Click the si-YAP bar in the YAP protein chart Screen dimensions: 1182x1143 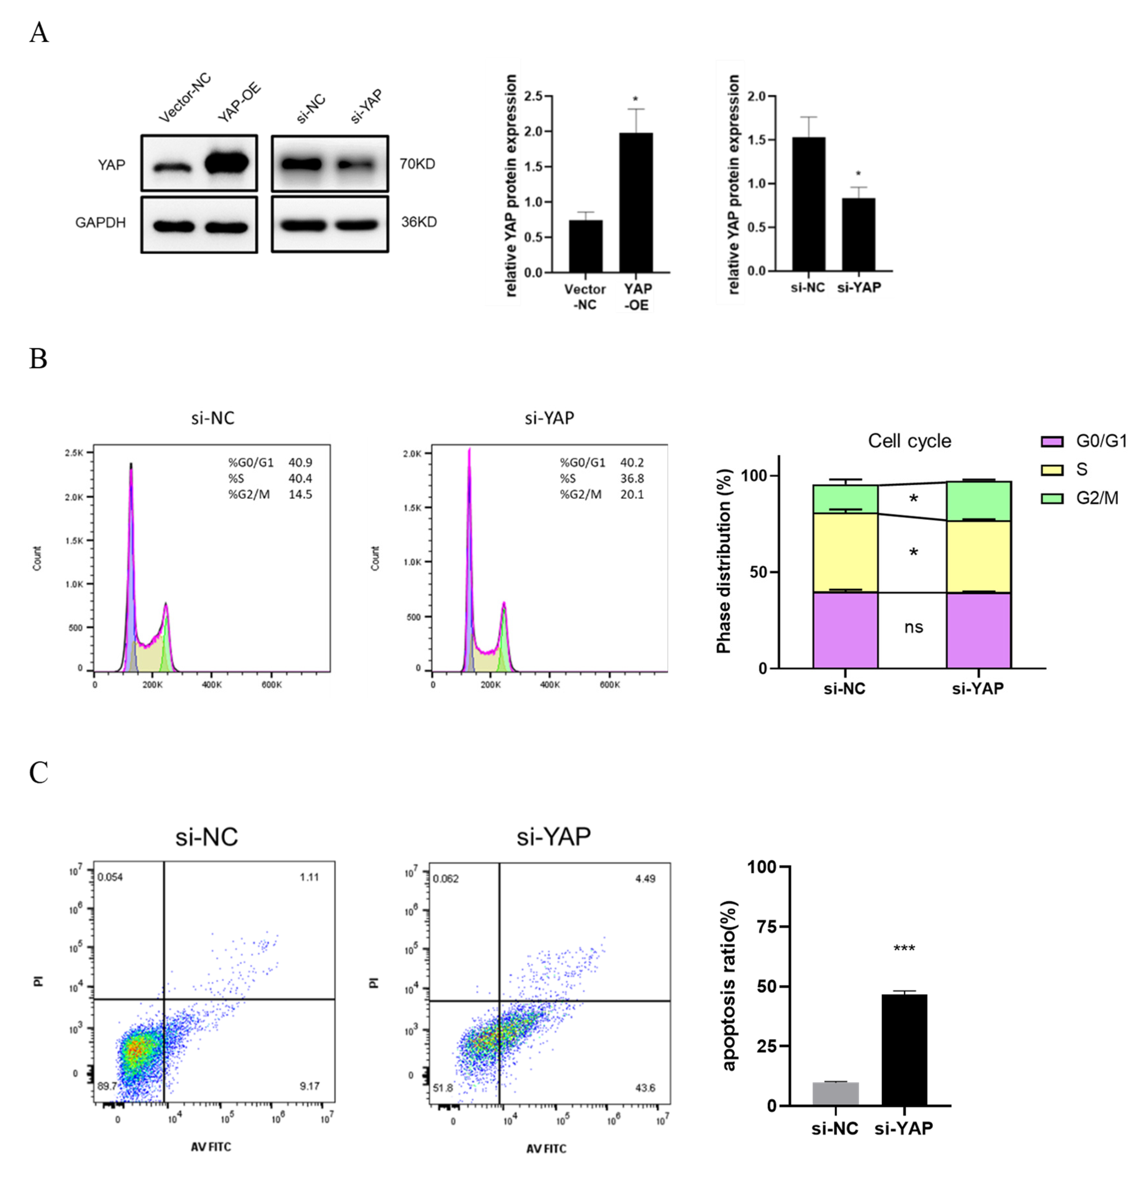[x=858, y=235]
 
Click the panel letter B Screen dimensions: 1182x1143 [x=38, y=359]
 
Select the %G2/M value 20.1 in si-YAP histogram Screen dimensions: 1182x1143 [x=632, y=494]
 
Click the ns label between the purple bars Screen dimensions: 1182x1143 [x=913, y=627]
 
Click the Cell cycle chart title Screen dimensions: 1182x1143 [x=909, y=441]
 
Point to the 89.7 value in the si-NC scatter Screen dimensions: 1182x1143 [x=107, y=1086]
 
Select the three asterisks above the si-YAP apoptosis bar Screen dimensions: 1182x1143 [x=904, y=949]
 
